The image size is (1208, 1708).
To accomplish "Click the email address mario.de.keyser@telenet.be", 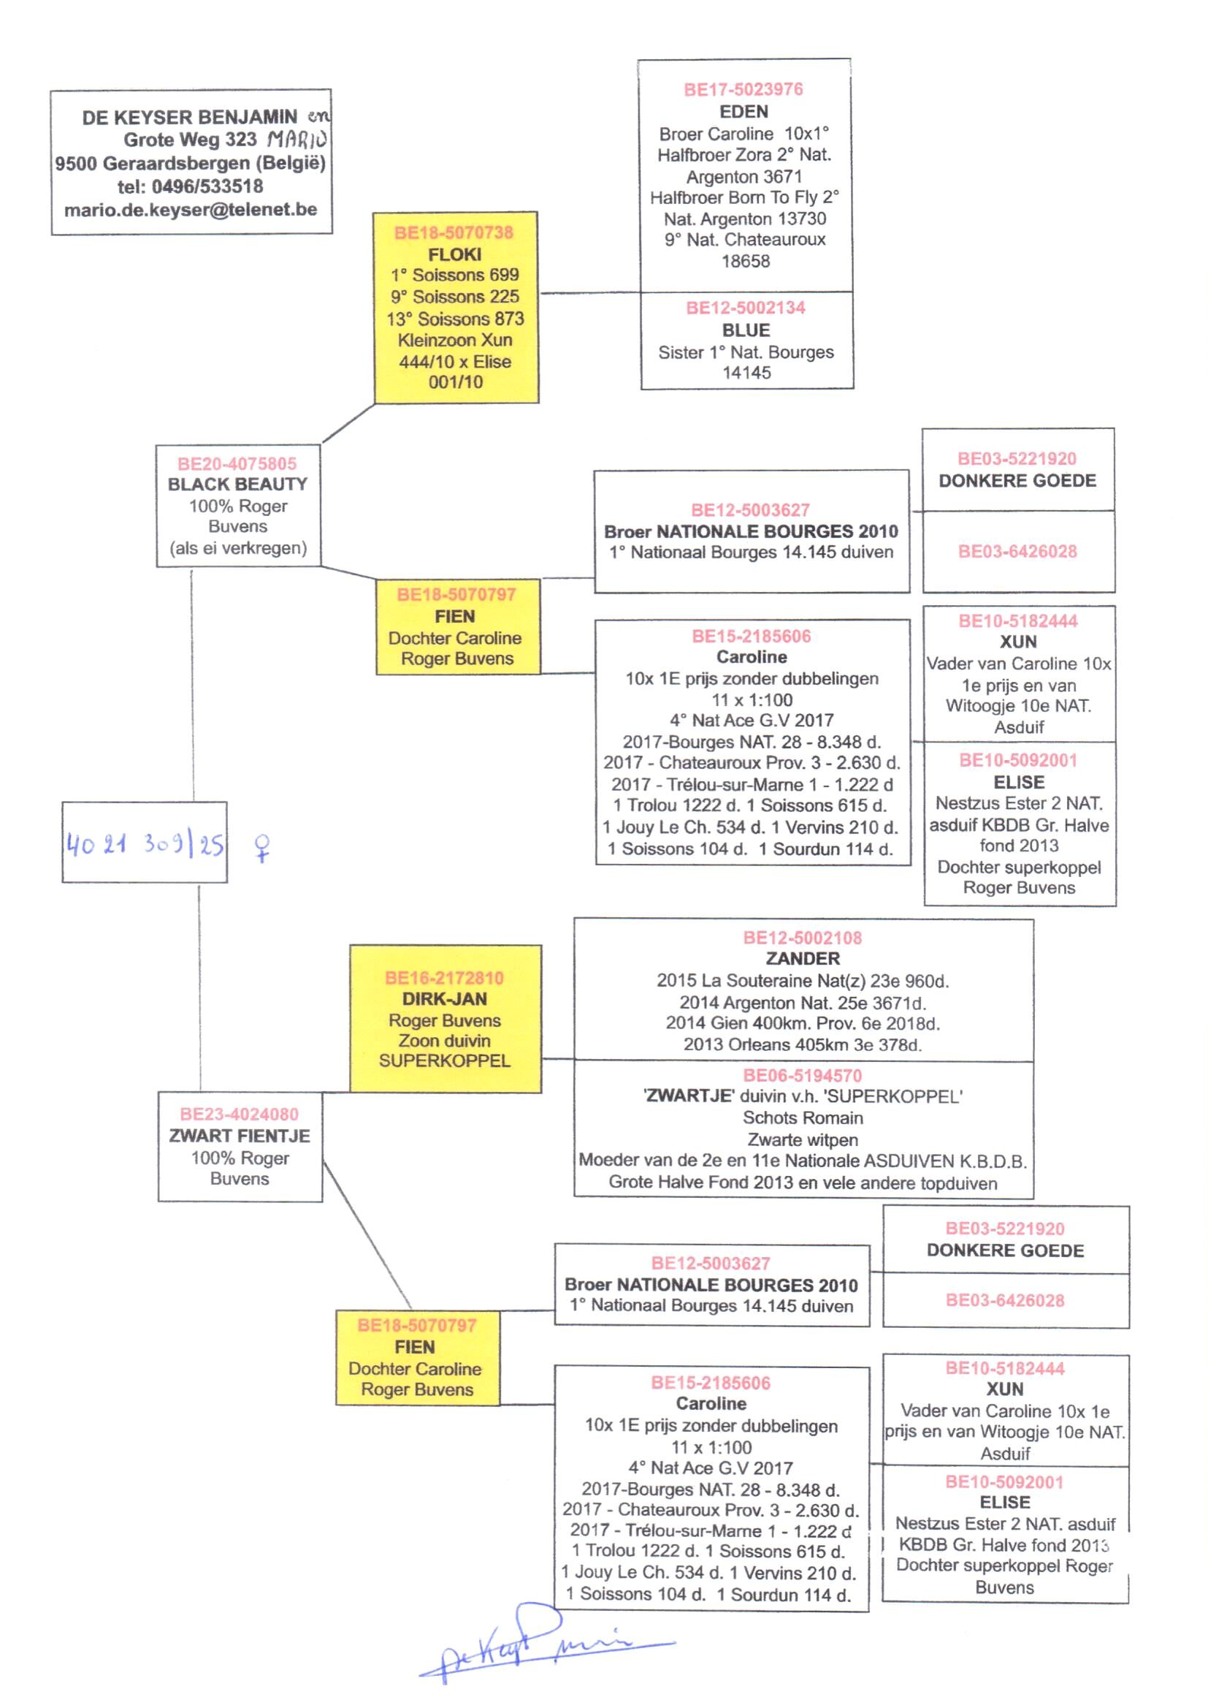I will pos(191,210).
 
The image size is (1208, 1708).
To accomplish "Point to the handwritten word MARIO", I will pos(297,139).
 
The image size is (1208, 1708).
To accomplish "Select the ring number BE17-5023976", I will pos(743,89).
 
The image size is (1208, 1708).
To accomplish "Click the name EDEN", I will pos(743,112).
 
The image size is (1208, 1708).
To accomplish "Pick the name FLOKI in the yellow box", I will pos(454,254).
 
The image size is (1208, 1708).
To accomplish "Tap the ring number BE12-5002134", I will pos(746,308).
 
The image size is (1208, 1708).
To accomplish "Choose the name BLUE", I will pos(746,330).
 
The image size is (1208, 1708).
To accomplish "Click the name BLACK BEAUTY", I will pos(237,485).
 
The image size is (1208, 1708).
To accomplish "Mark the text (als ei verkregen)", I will pos(238,548).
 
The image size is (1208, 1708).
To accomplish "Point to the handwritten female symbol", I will pos(262,847).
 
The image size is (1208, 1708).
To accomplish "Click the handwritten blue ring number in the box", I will pos(145,844).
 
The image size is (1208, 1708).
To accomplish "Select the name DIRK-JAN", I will pos(445,999).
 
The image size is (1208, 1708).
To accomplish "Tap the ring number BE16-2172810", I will pos(444,978).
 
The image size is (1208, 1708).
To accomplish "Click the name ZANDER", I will pos(803,959).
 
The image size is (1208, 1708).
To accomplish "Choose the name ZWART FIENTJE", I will pos(240,1136).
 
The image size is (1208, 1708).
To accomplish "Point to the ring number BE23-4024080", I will pos(239,1114).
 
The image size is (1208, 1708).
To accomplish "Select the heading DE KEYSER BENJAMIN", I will pos(190,118).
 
